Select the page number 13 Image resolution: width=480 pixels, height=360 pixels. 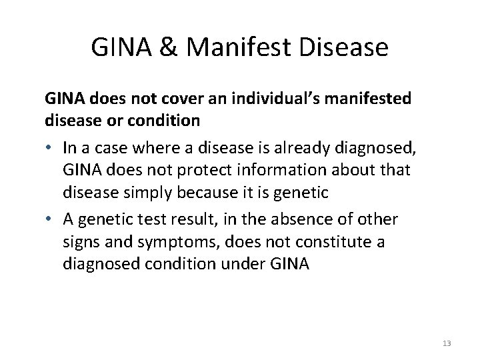tap(447, 343)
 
